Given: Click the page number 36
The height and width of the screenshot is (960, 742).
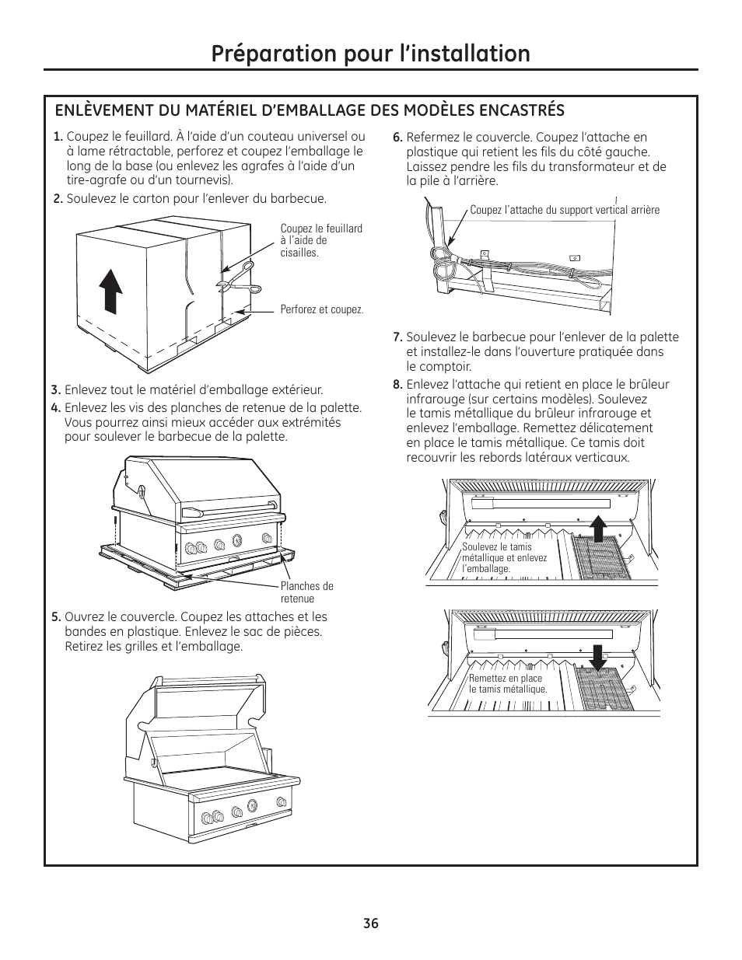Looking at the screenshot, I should click(370, 923).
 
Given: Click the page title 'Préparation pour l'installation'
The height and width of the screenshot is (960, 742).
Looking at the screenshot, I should click(370, 53).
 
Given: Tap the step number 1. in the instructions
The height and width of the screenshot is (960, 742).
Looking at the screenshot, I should click(58, 137).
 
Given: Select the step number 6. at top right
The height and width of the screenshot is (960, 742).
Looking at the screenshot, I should click(397, 138).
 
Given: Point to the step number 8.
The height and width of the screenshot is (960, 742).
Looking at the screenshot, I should click(397, 384).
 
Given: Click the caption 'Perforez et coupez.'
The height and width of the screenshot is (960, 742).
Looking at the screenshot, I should click(321, 309).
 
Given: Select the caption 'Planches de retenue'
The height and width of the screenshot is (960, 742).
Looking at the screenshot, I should click(306, 592).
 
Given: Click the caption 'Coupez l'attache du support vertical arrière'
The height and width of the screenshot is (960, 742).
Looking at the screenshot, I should click(564, 210).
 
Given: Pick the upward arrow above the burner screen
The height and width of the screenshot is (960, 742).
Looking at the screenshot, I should click(597, 527).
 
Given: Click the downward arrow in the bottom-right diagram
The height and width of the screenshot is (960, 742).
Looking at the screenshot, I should click(597, 656).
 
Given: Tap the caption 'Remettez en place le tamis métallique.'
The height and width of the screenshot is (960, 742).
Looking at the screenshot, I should click(507, 684).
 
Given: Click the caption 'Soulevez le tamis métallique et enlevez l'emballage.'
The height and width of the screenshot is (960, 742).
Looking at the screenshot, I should click(504, 558).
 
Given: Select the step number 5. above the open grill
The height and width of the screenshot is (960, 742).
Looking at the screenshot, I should click(56, 617).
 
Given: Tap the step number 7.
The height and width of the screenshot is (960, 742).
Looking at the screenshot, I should click(397, 337).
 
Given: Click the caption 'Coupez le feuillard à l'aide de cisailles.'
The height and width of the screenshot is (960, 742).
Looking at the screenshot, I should click(320, 241).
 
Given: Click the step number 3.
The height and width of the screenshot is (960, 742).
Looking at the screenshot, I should click(56, 390).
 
